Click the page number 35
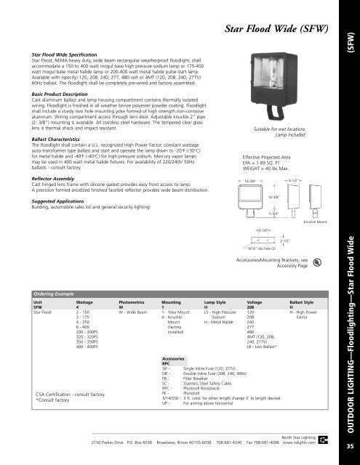pyautogui.click(x=350, y=447)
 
